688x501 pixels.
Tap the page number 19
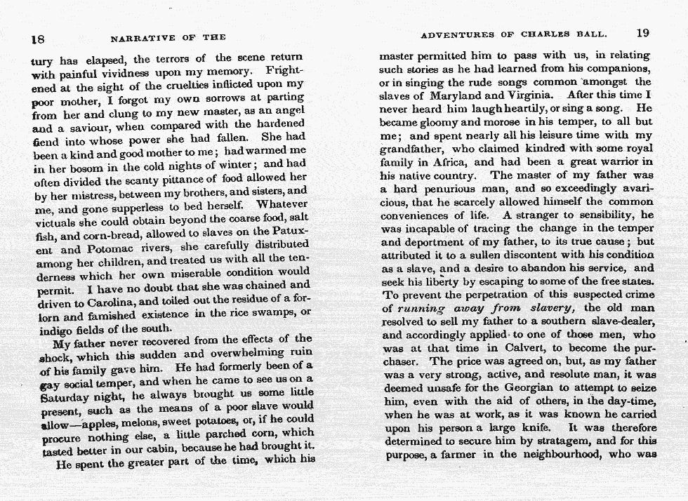pyautogui.click(x=644, y=33)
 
